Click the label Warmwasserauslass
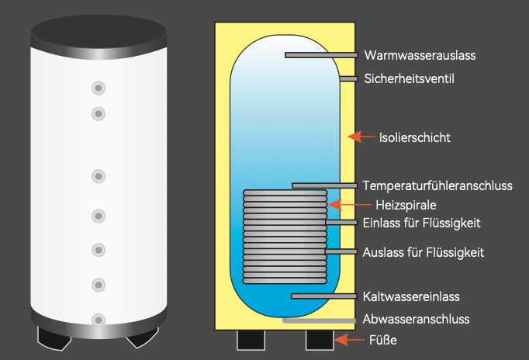[419, 55]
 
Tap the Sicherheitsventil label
[408, 78]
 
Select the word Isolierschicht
[415, 137]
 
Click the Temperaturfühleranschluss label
[437, 185]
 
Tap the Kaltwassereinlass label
[411, 296]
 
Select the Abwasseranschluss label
[416, 319]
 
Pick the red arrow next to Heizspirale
[338, 205]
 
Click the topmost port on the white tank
[99, 87]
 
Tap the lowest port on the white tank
[99, 319]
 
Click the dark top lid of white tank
[99, 31]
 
